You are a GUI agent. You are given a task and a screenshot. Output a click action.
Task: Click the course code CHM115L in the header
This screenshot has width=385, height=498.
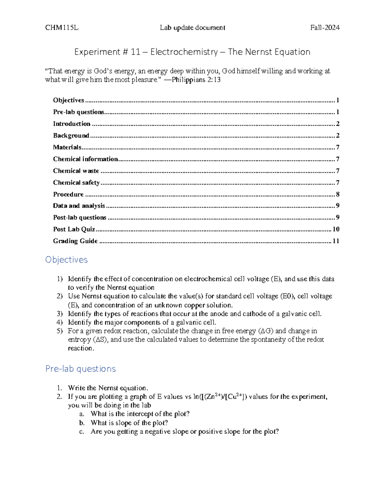point(62,28)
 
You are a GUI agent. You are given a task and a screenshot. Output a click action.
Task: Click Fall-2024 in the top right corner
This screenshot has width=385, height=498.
point(325,28)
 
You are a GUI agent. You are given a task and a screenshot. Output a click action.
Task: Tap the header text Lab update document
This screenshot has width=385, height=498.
point(193,28)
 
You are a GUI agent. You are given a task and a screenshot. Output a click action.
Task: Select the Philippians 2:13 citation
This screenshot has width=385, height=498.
point(196,80)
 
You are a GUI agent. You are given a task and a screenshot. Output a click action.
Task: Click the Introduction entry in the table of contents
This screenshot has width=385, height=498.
point(72,124)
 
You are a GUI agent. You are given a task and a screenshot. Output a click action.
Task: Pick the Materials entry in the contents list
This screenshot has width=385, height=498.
point(67,147)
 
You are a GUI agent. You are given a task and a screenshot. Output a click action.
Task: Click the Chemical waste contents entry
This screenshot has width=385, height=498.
point(76,171)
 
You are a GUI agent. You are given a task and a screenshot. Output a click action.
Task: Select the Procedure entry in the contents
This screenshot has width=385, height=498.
point(68,194)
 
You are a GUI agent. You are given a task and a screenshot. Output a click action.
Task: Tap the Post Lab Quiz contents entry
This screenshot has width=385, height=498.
point(74,229)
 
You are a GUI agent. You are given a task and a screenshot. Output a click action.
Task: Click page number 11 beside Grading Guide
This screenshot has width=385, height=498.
point(336,241)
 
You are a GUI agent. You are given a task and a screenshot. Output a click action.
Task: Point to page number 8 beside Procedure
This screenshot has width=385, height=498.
point(338,194)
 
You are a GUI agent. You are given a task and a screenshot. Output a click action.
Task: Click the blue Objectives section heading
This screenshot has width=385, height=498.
point(66,259)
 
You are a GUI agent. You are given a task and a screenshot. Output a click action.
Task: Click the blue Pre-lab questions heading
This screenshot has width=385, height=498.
point(81,369)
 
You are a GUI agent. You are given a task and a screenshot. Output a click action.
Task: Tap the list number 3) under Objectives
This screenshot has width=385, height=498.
point(60,314)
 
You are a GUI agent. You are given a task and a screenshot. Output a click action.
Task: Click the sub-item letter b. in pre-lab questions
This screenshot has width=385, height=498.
point(82,423)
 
